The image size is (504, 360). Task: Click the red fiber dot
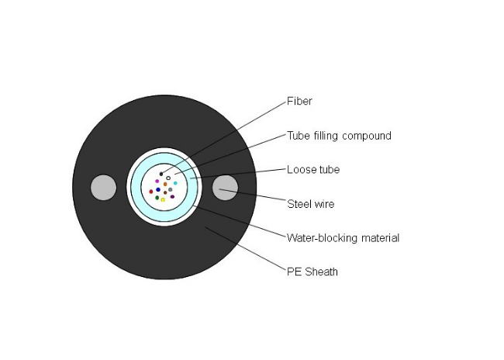pyautogui.click(x=151, y=192)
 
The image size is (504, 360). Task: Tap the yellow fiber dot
pyautogui.click(x=163, y=200)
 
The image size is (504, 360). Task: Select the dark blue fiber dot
pyautogui.click(x=158, y=190)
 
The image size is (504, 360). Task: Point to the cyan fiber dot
pyautogui.click(x=175, y=183)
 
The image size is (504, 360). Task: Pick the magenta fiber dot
pyautogui.click(x=157, y=182)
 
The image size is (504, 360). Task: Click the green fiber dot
pyautogui.click(x=157, y=198)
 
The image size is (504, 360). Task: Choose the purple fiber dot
pyautogui.click(x=172, y=196)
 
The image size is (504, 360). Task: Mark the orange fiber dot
pyautogui.click(x=165, y=185)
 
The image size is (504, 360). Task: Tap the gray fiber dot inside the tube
pyautogui.click(x=171, y=190)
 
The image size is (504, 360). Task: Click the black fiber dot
pyautogui.click(x=161, y=174)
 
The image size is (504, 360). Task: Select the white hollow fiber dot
pyautogui.click(x=168, y=178)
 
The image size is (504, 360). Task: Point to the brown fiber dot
pyautogui.click(x=165, y=192)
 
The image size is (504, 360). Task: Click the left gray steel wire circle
pyautogui.click(x=103, y=188)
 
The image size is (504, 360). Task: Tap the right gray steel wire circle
pyautogui.click(x=226, y=188)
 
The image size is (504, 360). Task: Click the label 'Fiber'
pyautogui.click(x=299, y=102)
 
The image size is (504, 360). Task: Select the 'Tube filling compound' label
pyautogui.click(x=339, y=136)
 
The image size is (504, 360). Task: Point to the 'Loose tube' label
pyautogui.click(x=313, y=170)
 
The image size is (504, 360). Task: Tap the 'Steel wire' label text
pyautogui.click(x=311, y=204)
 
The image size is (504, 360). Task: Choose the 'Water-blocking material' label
pyautogui.click(x=343, y=238)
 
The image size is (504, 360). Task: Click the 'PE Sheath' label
pyautogui.click(x=312, y=272)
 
